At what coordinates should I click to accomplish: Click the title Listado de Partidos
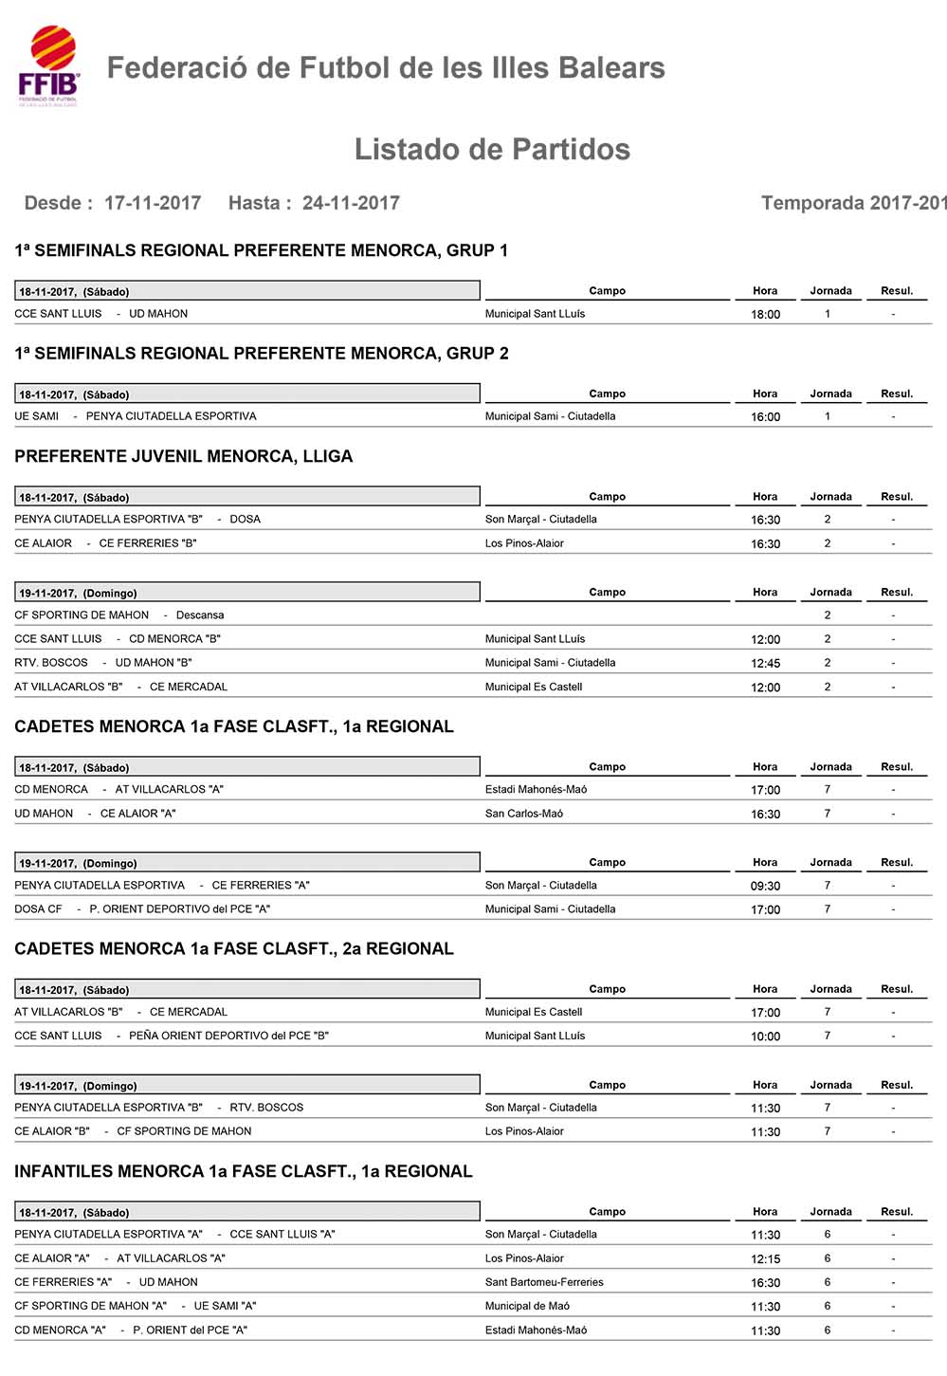point(492,150)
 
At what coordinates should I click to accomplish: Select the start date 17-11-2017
point(153,203)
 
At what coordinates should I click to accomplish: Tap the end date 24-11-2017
point(351,203)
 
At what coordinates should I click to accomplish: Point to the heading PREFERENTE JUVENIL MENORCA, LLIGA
point(183,456)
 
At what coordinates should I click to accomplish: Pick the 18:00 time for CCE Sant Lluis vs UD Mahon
point(765,315)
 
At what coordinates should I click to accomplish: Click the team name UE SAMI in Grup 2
point(37,416)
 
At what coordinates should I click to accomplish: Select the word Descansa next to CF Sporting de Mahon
point(200,615)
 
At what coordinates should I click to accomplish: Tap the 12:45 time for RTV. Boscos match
point(765,664)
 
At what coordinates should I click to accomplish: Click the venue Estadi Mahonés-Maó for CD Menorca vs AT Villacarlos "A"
point(536,790)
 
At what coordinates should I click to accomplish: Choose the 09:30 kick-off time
point(765,886)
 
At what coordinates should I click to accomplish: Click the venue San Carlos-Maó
point(524,814)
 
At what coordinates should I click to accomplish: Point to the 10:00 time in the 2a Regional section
point(765,1037)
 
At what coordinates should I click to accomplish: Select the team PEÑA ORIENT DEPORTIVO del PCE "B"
point(228,1036)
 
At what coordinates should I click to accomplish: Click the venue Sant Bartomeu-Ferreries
point(544,1282)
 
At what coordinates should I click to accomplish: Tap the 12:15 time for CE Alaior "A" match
point(765,1259)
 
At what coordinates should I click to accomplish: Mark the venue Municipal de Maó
point(527,1306)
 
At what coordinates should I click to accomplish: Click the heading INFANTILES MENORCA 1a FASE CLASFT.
point(243,1171)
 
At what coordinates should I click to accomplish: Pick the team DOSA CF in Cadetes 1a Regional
point(38,909)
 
